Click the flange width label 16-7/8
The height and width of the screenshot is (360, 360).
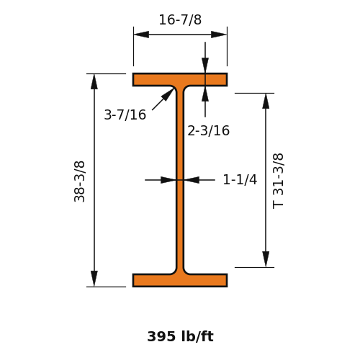(x=180, y=19)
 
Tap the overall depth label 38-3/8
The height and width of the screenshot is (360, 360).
(x=79, y=181)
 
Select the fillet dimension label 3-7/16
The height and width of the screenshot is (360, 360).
(x=125, y=114)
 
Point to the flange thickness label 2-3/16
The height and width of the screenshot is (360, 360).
(x=209, y=131)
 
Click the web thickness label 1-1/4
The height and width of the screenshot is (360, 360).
(x=240, y=179)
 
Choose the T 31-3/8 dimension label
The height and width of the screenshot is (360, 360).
(x=279, y=181)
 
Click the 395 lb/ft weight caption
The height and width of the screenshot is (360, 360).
(x=180, y=336)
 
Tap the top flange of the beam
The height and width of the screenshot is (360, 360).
(x=180, y=79)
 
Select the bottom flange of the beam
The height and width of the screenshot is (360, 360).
(x=180, y=280)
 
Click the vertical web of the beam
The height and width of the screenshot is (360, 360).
(x=180, y=180)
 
